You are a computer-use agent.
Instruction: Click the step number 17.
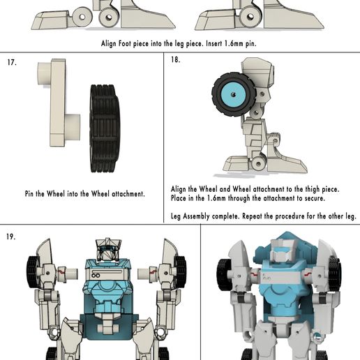pyautogui.click(x=12, y=62)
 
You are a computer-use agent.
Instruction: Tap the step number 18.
pyautogui.click(x=176, y=59)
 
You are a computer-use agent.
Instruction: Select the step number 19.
pyautogui.click(x=11, y=237)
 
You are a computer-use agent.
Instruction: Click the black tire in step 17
pyautogui.click(x=105, y=128)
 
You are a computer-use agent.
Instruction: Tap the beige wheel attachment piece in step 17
pyautogui.click(x=58, y=103)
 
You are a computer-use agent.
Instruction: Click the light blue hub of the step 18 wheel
pyautogui.click(x=233, y=94)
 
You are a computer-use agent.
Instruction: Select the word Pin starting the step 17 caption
pyautogui.click(x=29, y=194)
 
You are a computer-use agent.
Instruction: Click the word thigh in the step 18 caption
pyautogui.click(x=312, y=189)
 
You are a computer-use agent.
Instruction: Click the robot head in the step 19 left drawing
pyautogui.click(x=108, y=249)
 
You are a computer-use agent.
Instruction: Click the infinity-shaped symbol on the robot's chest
pyautogui.click(x=96, y=276)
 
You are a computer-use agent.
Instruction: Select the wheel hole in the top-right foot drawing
pyautogui.click(x=250, y=17)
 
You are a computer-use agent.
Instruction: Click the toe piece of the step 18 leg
pyautogui.click(x=237, y=164)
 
